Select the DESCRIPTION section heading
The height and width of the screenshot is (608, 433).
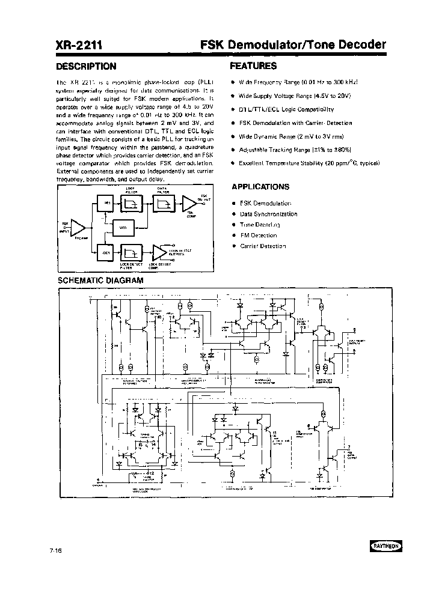click(x=86, y=67)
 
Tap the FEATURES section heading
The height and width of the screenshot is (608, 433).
click(x=253, y=66)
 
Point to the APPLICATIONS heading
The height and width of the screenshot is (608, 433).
click(x=260, y=187)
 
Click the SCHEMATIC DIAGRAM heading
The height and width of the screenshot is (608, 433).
click(x=100, y=280)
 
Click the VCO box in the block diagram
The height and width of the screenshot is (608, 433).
click(x=123, y=228)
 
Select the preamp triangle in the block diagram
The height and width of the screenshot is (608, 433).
click(x=78, y=226)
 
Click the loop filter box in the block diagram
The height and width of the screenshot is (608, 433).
click(x=131, y=204)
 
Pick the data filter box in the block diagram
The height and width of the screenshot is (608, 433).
click(x=162, y=204)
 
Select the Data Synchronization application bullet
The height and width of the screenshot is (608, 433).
click(x=268, y=214)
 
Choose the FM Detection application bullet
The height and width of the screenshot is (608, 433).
click(x=258, y=236)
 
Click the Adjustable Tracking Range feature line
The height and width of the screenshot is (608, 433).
click(x=295, y=150)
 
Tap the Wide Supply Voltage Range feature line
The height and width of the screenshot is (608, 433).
click(x=294, y=96)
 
